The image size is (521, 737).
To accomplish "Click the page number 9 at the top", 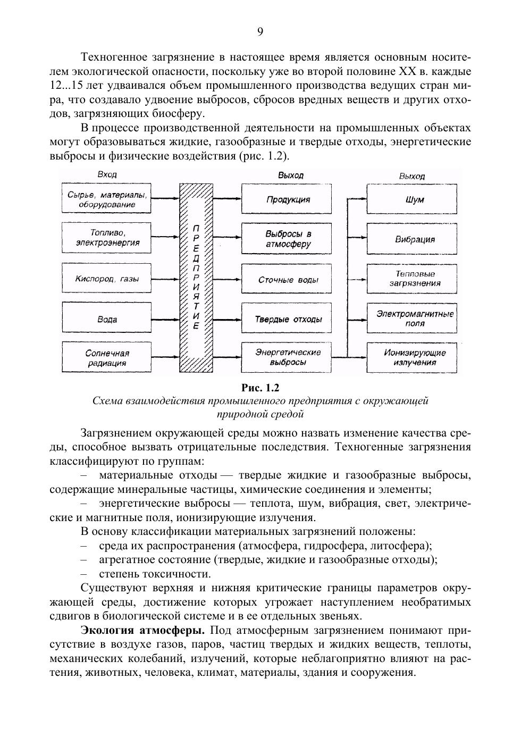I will click(260, 32).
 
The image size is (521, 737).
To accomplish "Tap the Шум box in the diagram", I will click(411, 199).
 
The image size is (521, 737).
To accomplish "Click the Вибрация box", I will click(411, 239).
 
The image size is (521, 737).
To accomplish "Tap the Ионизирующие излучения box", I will click(411, 357).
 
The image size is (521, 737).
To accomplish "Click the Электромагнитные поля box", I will click(411, 318).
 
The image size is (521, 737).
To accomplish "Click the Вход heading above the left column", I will click(107, 175).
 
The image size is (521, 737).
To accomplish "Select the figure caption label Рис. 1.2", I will click(260, 388).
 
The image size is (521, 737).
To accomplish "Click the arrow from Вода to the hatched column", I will click(165, 319).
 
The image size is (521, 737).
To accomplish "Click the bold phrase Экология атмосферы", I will click(142, 631).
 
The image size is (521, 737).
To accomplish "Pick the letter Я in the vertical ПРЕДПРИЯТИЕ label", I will click(196, 296).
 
